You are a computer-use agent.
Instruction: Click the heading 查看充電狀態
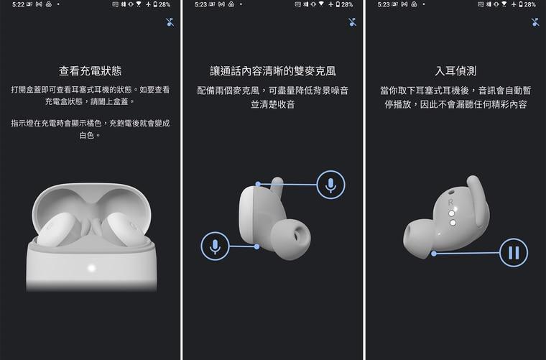click(x=90, y=71)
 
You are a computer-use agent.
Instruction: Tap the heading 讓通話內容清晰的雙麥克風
click(x=272, y=71)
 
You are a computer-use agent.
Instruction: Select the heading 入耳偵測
click(x=455, y=71)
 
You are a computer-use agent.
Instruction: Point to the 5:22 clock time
click(x=18, y=4)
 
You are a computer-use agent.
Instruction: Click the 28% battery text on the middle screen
click(x=347, y=4)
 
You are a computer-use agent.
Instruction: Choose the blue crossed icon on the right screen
click(x=535, y=22)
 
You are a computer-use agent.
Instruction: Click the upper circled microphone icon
click(x=330, y=185)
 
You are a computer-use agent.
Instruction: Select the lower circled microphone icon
click(x=215, y=246)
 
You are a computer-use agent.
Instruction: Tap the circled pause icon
click(x=513, y=252)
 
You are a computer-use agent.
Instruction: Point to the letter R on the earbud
click(x=450, y=203)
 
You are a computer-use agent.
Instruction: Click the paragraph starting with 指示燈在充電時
click(x=90, y=129)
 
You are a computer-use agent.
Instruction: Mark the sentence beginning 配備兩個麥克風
click(x=272, y=98)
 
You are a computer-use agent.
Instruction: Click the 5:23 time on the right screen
click(x=384, y=4)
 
